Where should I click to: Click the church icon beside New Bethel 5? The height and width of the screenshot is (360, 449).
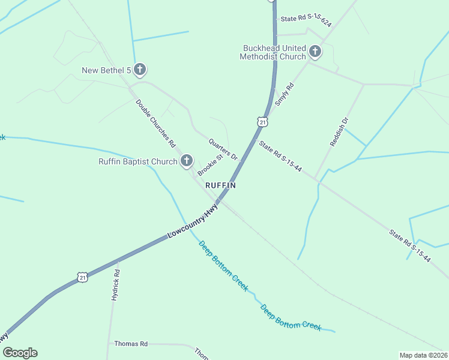(x=140, y=70)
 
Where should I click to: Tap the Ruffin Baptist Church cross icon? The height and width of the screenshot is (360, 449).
(x=187, y=161)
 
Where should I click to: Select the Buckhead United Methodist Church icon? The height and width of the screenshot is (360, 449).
(x=315, y=52)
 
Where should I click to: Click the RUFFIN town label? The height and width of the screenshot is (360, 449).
(x=220, y=186)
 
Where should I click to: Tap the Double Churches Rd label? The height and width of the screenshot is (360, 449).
(x=155, y=124)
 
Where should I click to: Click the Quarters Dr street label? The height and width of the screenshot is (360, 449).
(x=223, y=149)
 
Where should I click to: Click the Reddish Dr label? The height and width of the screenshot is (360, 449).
(x=339, y=132)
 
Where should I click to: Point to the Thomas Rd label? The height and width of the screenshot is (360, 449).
(x=131, y=344)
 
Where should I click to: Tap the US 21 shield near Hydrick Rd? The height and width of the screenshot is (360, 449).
(x=82, y=277)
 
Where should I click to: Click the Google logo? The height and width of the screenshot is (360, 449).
(x=20, y=353)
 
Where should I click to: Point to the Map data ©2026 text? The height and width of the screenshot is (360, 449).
(x=423, y=355)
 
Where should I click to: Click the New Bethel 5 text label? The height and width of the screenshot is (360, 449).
(x=106, y=71)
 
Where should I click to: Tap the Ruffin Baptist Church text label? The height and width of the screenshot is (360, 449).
(x=138, y=161)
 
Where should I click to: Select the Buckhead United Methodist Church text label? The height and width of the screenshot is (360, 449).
(x=273, y=52)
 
